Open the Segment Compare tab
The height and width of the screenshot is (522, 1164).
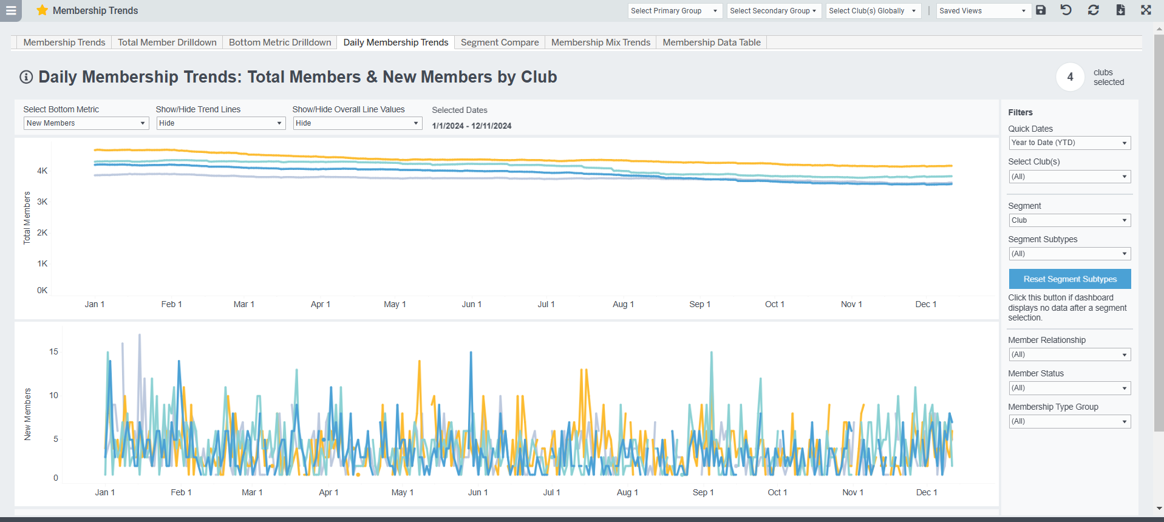499,42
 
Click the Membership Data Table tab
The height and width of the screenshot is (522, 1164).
711,42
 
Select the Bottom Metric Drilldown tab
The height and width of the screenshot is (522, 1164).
280,42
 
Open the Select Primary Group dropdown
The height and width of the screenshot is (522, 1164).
673,11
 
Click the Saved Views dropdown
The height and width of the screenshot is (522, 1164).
982,11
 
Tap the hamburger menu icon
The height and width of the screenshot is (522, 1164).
11,10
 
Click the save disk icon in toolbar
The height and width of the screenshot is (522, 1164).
1041,10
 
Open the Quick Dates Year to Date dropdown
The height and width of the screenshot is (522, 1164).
1069,143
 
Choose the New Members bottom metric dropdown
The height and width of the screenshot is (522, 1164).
86,123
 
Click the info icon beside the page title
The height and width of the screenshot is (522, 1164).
26,77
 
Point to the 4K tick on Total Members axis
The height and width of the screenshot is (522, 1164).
42,171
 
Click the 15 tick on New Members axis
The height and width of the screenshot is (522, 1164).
53,351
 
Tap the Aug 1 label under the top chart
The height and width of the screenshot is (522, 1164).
623,304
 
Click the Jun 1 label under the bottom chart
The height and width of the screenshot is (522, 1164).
478,492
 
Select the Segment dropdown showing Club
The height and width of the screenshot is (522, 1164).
1069,220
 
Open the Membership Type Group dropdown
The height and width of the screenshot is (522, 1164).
1069,421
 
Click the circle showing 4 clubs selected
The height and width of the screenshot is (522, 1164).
1070,77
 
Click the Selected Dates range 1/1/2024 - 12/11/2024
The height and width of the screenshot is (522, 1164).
471,126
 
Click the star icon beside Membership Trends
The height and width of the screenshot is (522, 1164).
42,10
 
